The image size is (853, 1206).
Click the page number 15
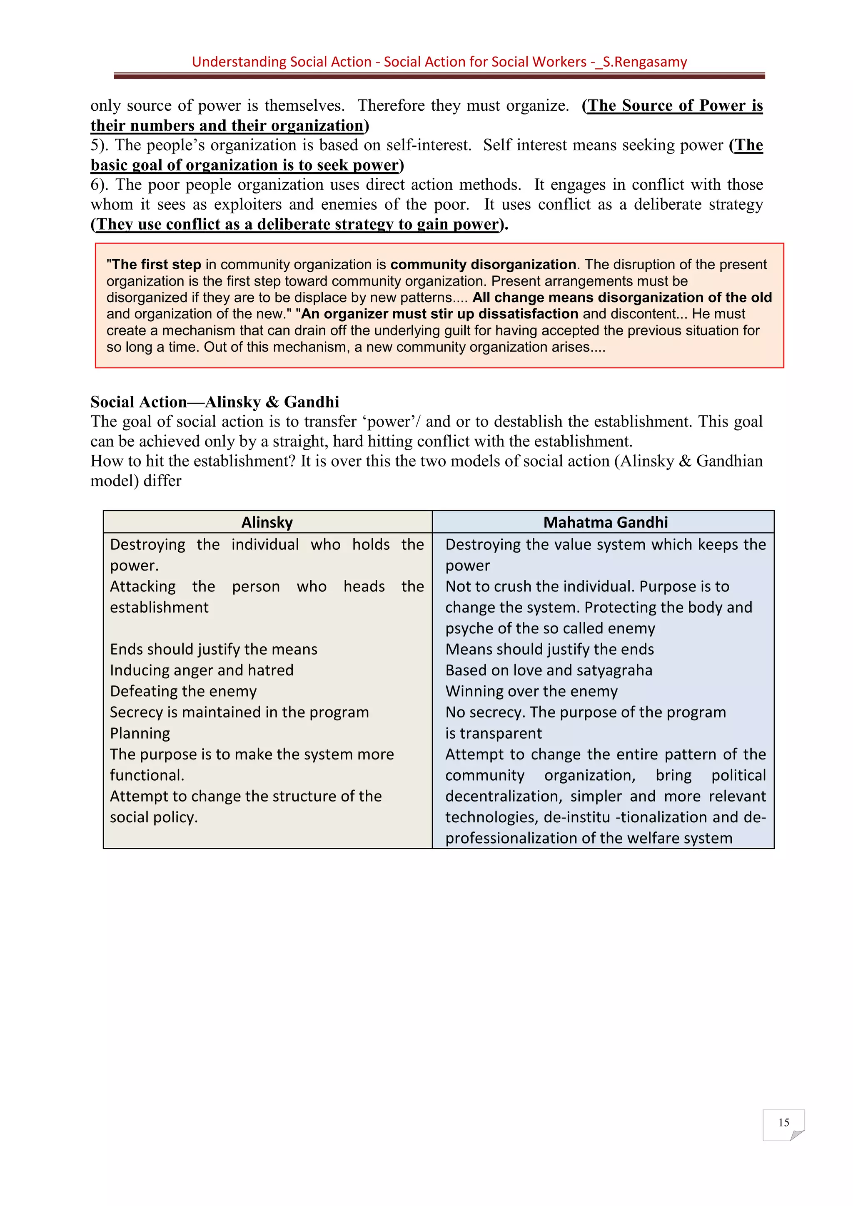pyautogui.click(x=783, y=1122)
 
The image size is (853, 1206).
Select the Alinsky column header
pyautogui.click(x=267, y=522)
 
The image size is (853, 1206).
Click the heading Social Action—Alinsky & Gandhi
pyautogui.click(x=214, y=402)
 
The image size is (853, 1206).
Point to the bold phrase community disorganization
pyautogui.click(x=483, y=264)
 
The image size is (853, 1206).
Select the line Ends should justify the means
pyautogui.click(x=213, y=649)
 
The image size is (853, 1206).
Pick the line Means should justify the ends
pyautogui.click(x=549, y=649)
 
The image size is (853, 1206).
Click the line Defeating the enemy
pyautogui.click(x=183, y=691)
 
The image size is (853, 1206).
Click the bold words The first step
pyautogui.click(x=156, y=264)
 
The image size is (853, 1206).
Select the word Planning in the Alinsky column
pyautogui.click(x=140, y=733)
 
